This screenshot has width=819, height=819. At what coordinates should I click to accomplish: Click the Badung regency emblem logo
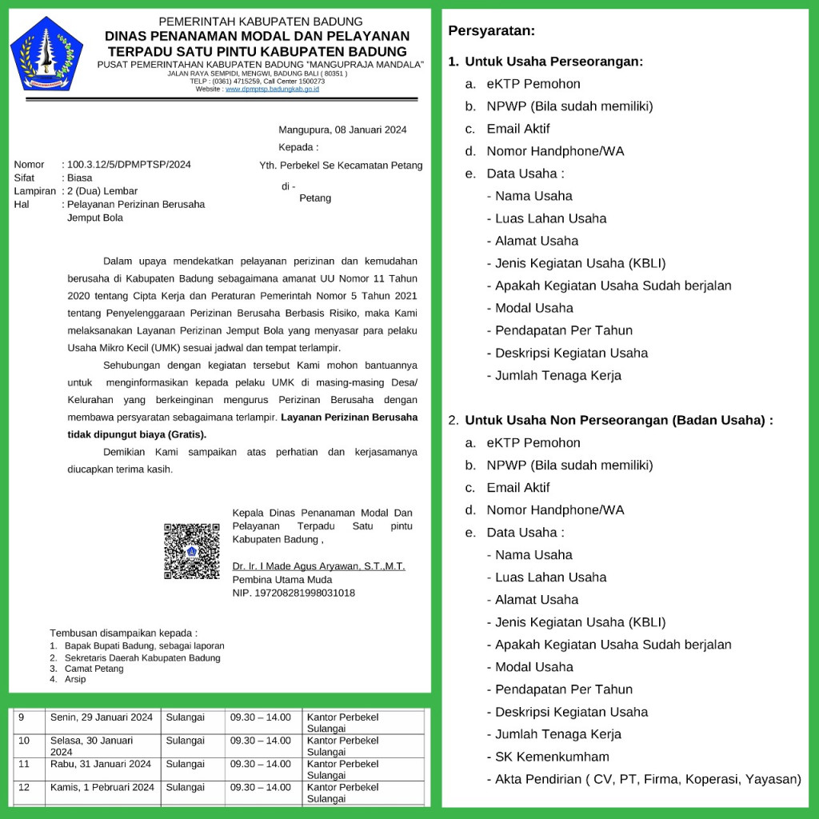tap(46, 53)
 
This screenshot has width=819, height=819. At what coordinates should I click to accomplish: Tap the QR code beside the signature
tap(192, 551)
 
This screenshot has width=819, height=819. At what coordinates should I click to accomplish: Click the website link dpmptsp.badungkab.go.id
tap(272, 89)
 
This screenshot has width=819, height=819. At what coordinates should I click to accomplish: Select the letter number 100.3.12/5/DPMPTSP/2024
tap(129, 165)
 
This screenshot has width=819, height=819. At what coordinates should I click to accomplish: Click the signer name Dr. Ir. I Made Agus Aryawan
tap(318, 566)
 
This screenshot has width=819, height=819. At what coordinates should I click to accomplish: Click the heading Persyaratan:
tap(491, 31)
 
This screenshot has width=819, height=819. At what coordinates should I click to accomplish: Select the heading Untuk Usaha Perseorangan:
tap(553, 62)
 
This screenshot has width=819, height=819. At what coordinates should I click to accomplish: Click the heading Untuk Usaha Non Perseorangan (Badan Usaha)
tap(618, 420)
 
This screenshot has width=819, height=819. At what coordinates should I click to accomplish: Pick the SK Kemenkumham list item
tap(552, 757)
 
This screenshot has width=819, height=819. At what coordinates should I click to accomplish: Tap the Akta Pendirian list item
tap(648, 779)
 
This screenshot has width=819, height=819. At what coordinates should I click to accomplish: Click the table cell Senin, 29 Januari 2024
tap(101, 717)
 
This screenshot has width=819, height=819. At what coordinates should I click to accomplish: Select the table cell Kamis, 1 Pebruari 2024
tap(102, 787)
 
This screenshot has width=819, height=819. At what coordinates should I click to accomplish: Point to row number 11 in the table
tap(24, 764)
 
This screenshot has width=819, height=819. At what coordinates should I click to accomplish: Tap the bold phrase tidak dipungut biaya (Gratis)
tap(137, 434)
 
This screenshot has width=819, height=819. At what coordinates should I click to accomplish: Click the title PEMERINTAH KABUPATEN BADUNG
tap(261, 22)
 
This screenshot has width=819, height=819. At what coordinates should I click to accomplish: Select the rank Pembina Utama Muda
tap(282, 580)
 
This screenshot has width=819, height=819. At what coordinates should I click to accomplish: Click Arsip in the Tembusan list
tap(75, 679)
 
